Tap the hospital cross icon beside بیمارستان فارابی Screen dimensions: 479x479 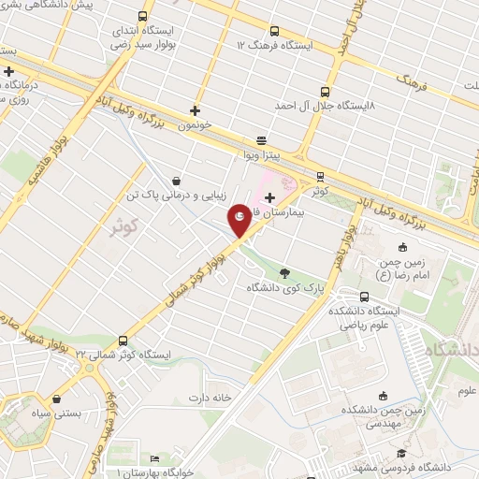tap(270, 197)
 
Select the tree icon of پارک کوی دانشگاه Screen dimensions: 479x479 tap(283, 273)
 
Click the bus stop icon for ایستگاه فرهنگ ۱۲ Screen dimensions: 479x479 tap(273, 31)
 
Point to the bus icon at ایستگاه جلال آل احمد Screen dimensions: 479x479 tap(325, 92)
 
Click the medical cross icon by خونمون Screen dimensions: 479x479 tap(195, 109)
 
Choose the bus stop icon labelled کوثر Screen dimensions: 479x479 tap(320, 176)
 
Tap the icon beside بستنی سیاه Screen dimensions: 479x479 tap(58, 399)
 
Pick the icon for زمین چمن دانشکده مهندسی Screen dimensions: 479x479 tap(382, 396)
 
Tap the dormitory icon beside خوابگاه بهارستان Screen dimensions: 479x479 tap(155, 458)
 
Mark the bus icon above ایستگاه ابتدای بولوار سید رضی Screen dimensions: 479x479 tap(142, 16)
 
